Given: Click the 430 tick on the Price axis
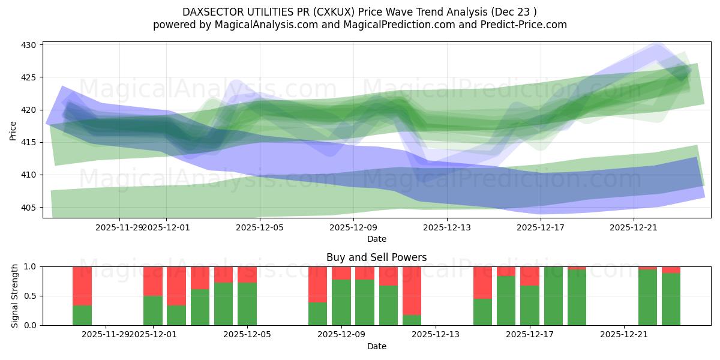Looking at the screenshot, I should (x=30, y=45).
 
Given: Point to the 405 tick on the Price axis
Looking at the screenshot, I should (x=30, y=208).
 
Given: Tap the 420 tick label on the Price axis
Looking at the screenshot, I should (x=30, y=110).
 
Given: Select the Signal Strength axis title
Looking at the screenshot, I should (x=15, y=296).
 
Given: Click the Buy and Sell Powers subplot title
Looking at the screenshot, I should (x=376, y=257).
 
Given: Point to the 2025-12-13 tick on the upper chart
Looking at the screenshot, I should (x=447, y=227).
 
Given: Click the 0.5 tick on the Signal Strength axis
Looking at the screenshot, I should (x=30, y=296).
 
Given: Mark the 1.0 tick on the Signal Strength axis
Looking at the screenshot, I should (x=30, y=266).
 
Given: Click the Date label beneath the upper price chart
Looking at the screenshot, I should (x=376, y=239).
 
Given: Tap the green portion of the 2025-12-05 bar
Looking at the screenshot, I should (x=247, y=304).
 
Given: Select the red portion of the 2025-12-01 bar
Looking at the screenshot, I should (x=153, y=281).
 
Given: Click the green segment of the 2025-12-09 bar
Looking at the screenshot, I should (x=341, y=302).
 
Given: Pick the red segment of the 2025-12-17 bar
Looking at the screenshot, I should (x=530, y=276).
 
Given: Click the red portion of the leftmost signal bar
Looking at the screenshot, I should (x=82, y=286).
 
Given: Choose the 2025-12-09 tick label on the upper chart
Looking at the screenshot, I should (x=353, y=227).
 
